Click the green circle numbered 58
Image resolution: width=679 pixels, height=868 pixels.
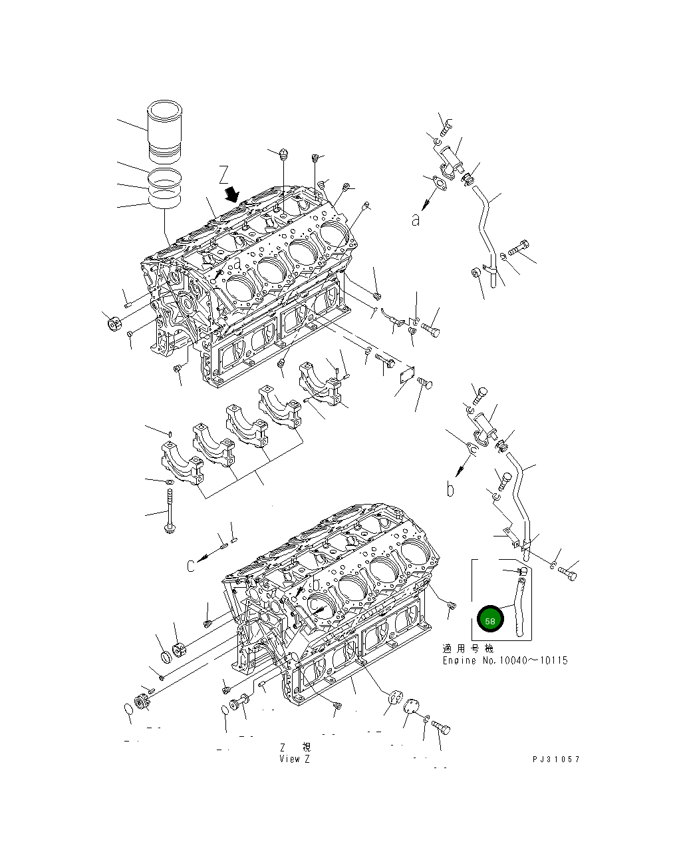tap(491, 620)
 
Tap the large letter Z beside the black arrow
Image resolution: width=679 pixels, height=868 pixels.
tap(224, 175)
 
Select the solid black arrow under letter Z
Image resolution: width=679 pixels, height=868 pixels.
tap(232, 194)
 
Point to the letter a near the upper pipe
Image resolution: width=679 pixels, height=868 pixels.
tap(416, 220)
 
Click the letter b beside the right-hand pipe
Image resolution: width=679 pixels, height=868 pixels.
tap(450, 490)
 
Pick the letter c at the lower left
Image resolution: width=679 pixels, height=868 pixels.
tap(191, 566)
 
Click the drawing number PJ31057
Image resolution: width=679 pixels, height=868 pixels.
tap(555, 759)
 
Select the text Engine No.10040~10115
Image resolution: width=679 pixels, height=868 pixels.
tap(505, 661)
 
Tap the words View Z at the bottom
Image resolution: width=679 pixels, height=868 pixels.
tap(295, 759)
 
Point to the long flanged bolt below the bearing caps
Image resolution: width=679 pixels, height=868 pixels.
tap(170, 513)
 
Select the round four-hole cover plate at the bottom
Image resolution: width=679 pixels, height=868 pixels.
tap(395, 699)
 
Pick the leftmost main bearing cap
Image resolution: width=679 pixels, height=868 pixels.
tap(180, 463)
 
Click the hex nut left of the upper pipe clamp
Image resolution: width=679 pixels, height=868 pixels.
tap(476, 272)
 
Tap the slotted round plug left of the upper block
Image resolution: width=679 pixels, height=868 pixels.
tap(113, 325)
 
